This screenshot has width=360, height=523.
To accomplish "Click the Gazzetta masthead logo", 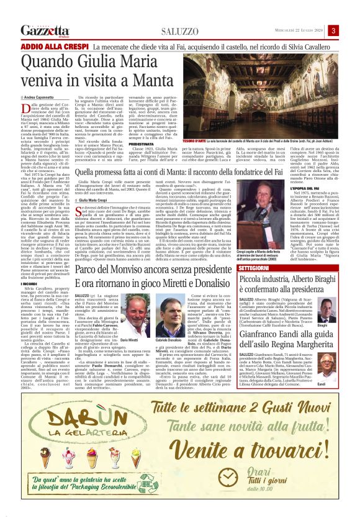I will pos(45,30).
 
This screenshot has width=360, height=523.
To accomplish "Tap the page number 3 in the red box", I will pos(351,30).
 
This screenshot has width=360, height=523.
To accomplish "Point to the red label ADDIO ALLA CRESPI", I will pos(55,47).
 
